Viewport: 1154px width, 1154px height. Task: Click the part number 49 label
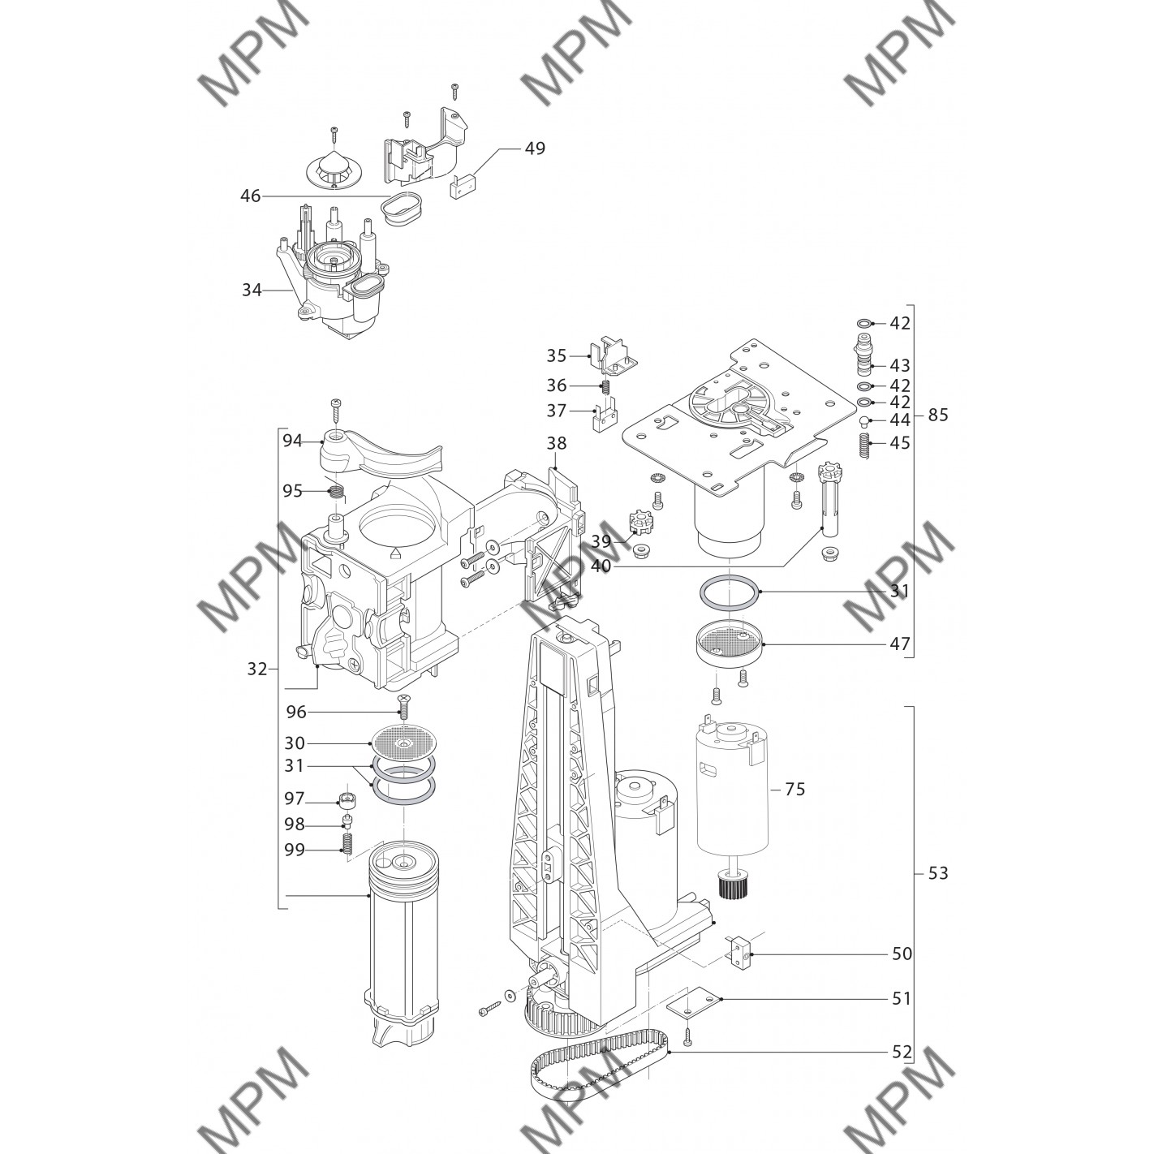(535, 148)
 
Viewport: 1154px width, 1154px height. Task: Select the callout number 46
(250, 196)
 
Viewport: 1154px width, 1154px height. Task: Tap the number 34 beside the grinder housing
(252, 290)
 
